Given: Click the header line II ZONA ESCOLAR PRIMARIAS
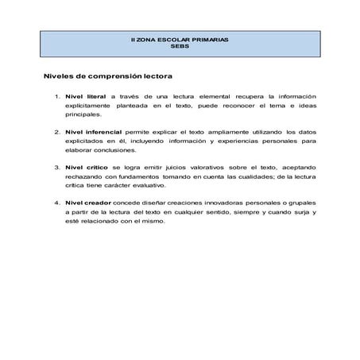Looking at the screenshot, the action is (180, 40).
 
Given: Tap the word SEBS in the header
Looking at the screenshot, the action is (180, 47).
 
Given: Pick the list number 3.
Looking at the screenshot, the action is (56, 167).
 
